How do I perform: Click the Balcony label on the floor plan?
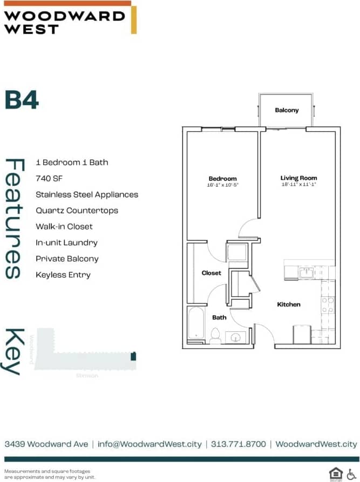pos(286,110)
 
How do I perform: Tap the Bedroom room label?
pos(222,179)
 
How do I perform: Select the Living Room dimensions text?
pos(298,185)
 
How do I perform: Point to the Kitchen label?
pos(289,304)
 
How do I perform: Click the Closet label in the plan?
pos(211,273)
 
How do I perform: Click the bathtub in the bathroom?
pos(195,325)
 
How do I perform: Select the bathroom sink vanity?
pos(235,337)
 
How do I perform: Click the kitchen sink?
pos(306,272)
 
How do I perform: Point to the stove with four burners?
pos(327,305)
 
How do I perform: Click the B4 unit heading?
pos(22,100)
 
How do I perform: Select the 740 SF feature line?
pos(50,178)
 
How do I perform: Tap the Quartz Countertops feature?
pos(77,211)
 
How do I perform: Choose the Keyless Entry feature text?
pos(63,275)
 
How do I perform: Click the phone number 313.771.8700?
pos(239,444)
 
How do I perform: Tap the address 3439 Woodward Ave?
pos(46,444)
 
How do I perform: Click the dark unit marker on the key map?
pos(134,356)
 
